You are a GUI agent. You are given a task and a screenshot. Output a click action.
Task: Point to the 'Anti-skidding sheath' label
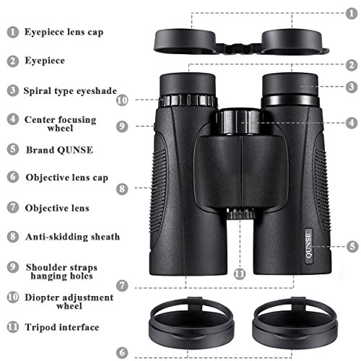[72, 236]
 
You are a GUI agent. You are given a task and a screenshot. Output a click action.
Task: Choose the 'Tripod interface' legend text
[62, 327]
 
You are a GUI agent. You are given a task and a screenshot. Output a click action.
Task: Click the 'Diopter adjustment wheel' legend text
[69, 302]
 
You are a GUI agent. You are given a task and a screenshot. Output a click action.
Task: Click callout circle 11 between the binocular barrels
[240, 274]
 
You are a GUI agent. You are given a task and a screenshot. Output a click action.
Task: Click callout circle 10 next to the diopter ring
[122, 100]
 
